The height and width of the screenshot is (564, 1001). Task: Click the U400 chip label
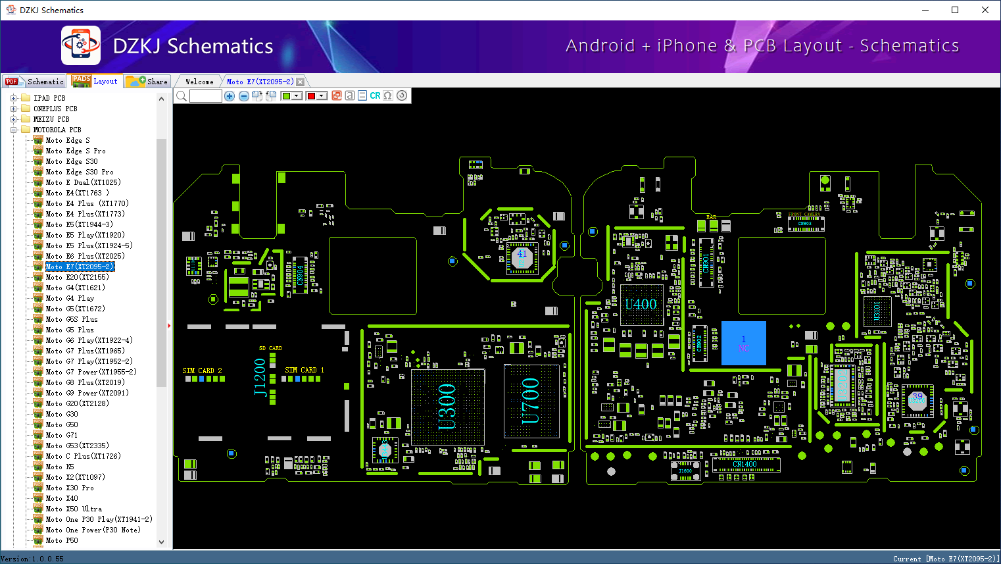[x=641, y=304]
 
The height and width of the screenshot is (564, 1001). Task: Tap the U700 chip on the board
[x=531, y=401]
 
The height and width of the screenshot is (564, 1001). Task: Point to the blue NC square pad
[x=743, y=343]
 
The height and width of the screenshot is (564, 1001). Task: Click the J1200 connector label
[x=260, y=377]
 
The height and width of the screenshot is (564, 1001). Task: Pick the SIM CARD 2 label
[x=202, y=371]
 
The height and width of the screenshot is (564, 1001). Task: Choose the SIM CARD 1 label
[x=305, y=370]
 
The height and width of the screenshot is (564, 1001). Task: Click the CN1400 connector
[x=745, y=465]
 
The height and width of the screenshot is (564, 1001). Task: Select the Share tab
[x=148, y=82]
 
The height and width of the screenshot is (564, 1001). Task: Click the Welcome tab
[x=199, y=82]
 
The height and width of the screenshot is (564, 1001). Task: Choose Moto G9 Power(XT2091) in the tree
[x=87, y=393]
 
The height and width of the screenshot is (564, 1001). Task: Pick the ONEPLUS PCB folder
[x=55, y=109]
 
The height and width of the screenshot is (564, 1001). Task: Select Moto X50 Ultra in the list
[x=74, y=509]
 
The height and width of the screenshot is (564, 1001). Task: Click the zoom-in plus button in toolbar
[x=230, y=96]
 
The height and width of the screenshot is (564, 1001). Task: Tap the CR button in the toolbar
[x=375, y=96]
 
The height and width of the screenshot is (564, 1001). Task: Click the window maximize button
[x=955, y=10]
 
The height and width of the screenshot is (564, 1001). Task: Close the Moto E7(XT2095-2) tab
[x=301, y=82]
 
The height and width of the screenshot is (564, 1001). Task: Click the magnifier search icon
[x=182, y=96]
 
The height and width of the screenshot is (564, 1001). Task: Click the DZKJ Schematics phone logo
[x=81, y=45]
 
